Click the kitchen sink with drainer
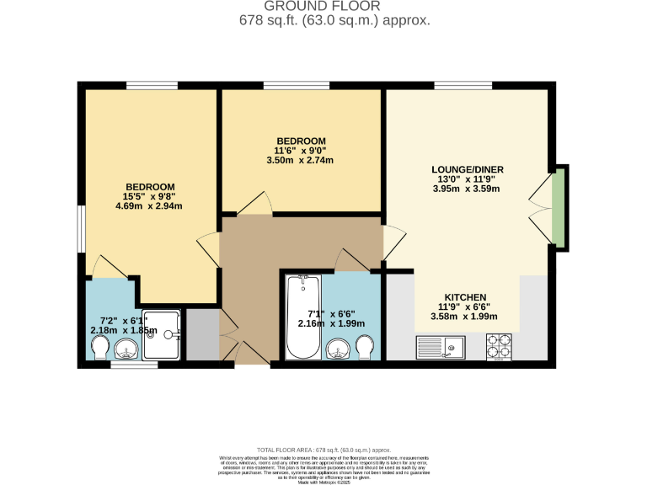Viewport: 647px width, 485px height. (x=440, y=345)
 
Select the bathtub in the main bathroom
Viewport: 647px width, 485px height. (x=300, y=318)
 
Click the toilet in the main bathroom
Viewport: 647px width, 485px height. (x=365, y=345)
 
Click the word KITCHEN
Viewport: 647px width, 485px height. (x=464, y=297)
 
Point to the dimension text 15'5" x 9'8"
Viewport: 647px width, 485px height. (x=150, y=196)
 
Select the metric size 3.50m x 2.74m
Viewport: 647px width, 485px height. (x=301, y=159)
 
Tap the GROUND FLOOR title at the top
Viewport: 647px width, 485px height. (x=323, y=7)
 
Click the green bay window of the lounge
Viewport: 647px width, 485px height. (x=558, y=207)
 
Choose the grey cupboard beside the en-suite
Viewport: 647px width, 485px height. (x=201, y=334)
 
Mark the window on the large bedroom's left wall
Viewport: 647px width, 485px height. (x=81, y=227)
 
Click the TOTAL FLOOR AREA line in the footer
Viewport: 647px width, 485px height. (x=323, y=450)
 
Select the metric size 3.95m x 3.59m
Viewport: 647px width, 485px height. (x=466, y=189)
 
